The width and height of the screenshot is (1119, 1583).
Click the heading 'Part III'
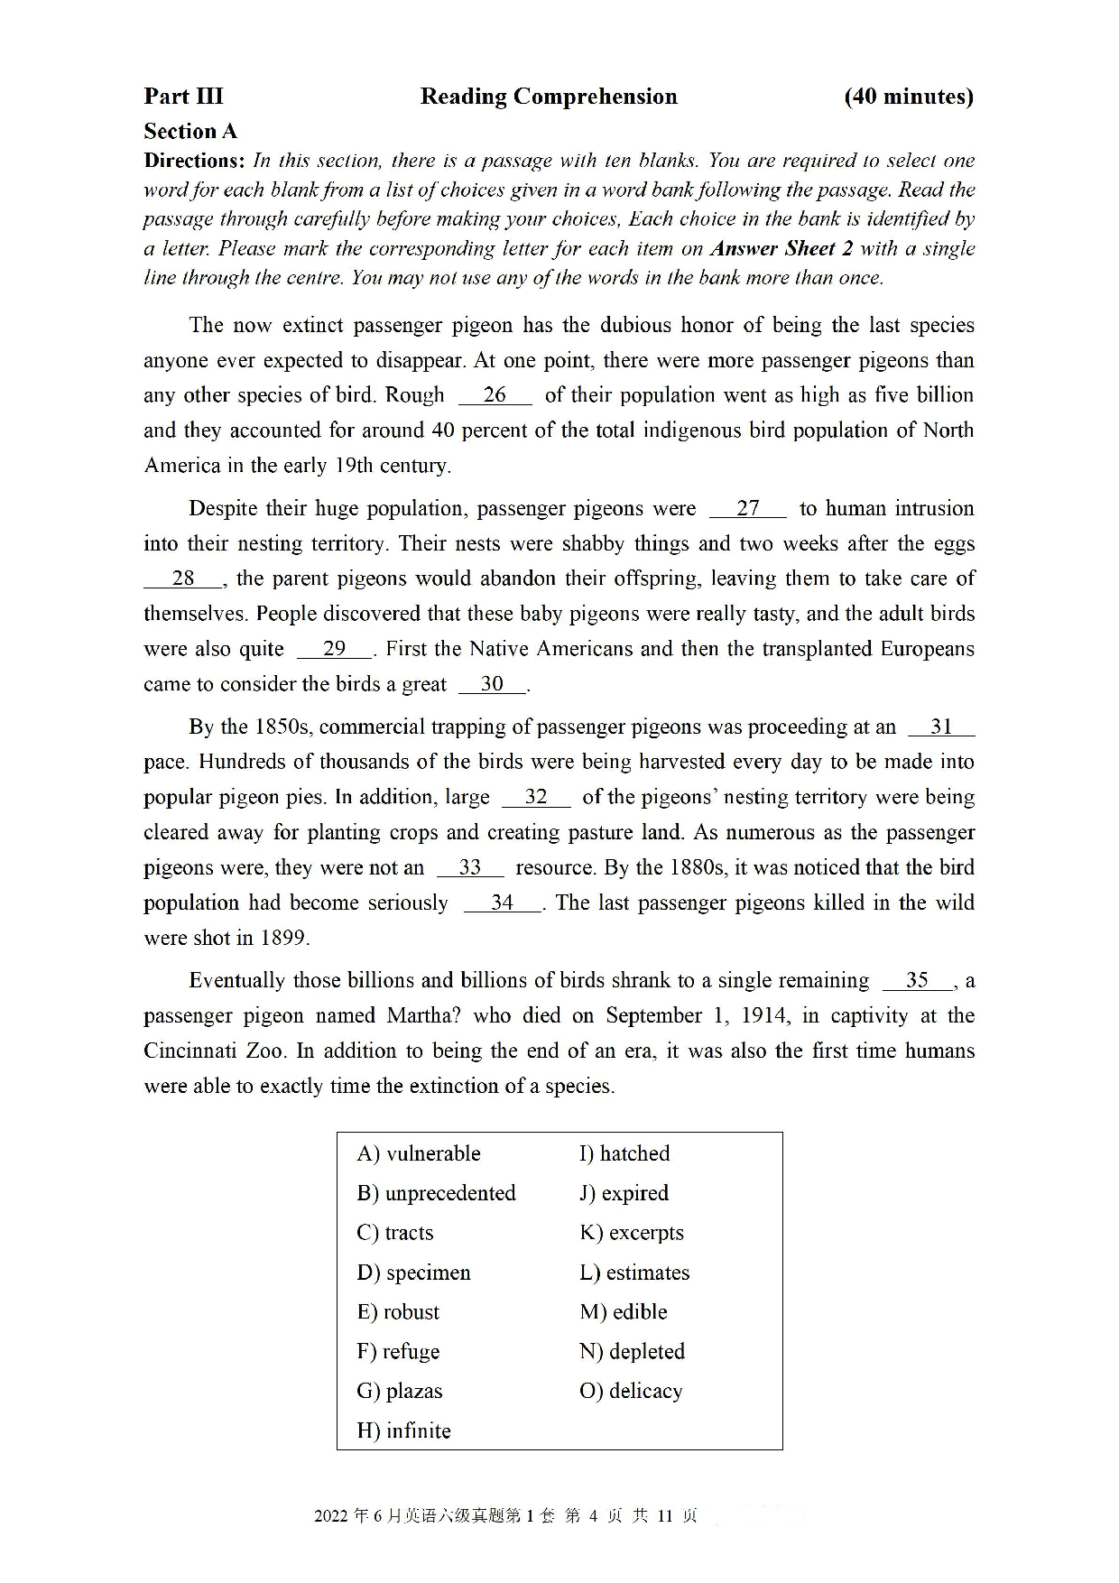[183, 97]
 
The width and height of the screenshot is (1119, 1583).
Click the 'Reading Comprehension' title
[548, 97]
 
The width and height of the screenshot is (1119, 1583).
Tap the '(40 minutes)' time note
[908, 97]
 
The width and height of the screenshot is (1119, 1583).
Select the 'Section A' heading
[190, 132]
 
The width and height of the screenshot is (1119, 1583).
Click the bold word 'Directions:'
[194, 161]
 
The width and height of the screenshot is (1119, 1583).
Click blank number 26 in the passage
[495, 395]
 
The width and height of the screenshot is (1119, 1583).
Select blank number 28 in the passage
[183, 579]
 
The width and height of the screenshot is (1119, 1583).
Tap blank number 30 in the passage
[492, 684]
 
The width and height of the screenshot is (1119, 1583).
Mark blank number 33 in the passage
[470, 868]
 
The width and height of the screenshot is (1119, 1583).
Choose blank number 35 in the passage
[917, 981]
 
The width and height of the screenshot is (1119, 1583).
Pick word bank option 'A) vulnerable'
[419, 1153]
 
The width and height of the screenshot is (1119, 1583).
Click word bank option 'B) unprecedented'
[436, 1193]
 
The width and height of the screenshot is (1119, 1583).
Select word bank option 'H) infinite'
[403, 1430]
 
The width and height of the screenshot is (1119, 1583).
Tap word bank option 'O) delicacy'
[631, 1391]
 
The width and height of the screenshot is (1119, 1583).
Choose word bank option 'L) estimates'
[634, 1273]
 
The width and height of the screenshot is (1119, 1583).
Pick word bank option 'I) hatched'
[624, 1153]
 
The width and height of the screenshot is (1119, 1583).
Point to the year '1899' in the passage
[282, 939]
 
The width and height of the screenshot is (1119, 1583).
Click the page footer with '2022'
[505, 1516]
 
